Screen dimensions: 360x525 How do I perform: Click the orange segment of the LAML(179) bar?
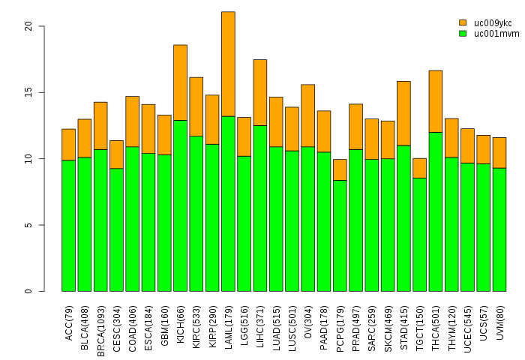(228, 64)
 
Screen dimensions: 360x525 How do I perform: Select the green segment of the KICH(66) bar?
(180, 205)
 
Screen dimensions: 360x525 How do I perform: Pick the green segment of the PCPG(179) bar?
(340, 235)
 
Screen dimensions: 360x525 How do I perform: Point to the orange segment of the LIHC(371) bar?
(260, 92)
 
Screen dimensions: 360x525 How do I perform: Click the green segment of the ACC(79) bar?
(68, 226)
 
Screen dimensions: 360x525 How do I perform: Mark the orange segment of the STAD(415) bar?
(403, 113)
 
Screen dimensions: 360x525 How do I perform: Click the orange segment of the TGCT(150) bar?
(419, 168)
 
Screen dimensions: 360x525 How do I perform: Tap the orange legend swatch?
(463, 22)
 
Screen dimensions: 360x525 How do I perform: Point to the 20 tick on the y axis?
(41, 26)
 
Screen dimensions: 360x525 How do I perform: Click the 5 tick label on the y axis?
(28, 225)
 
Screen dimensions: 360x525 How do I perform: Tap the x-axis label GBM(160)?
(164, 323)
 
